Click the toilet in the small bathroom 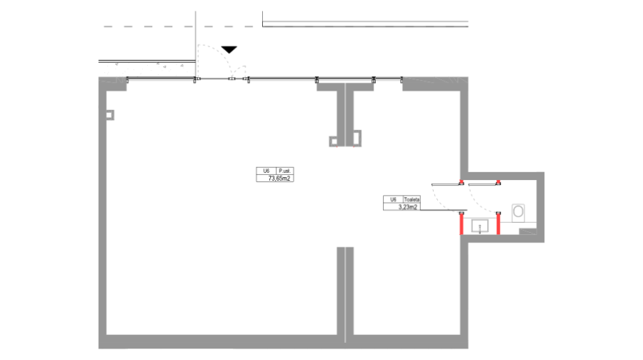coord(518,211)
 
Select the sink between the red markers coord(479,226)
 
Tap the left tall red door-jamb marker coord(462,224)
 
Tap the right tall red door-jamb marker coord(499,224)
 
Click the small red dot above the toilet coord(499,181)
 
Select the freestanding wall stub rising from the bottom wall coord(345,289)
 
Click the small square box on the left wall coord(109,114)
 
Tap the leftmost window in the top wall coord(161,79)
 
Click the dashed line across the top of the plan coord(286,27)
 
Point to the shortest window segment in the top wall coord(388,79)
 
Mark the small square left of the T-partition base coord(333,141)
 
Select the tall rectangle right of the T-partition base coord(357,138)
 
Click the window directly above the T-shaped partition coord(345,79)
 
